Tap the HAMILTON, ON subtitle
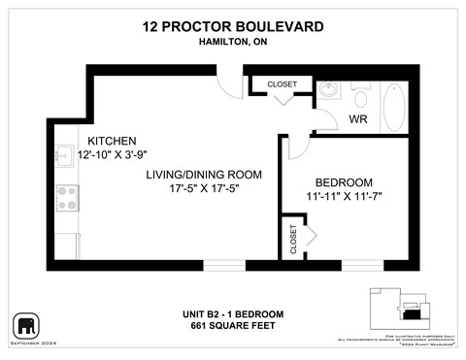click(x=232, y=42)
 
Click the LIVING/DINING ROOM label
click(x=205, y=174)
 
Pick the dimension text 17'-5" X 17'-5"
click(x=204, y=189)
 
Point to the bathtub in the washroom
click(x=395, y=107)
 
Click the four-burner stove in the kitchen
click(x=66, y=198)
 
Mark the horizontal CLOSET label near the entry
click(x=283, y=84)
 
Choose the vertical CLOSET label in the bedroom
click(x=294, y=239)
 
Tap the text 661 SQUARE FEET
click(x=232, y=326)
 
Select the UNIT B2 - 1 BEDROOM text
click(x=232, y=313)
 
